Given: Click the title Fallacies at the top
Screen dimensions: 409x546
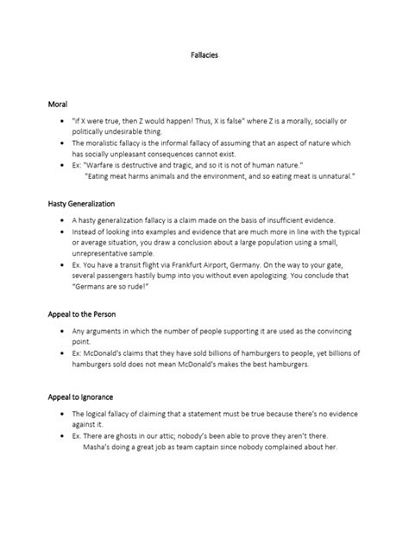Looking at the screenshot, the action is point(204,54).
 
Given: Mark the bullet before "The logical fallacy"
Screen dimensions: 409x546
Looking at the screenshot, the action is point(66,415).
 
